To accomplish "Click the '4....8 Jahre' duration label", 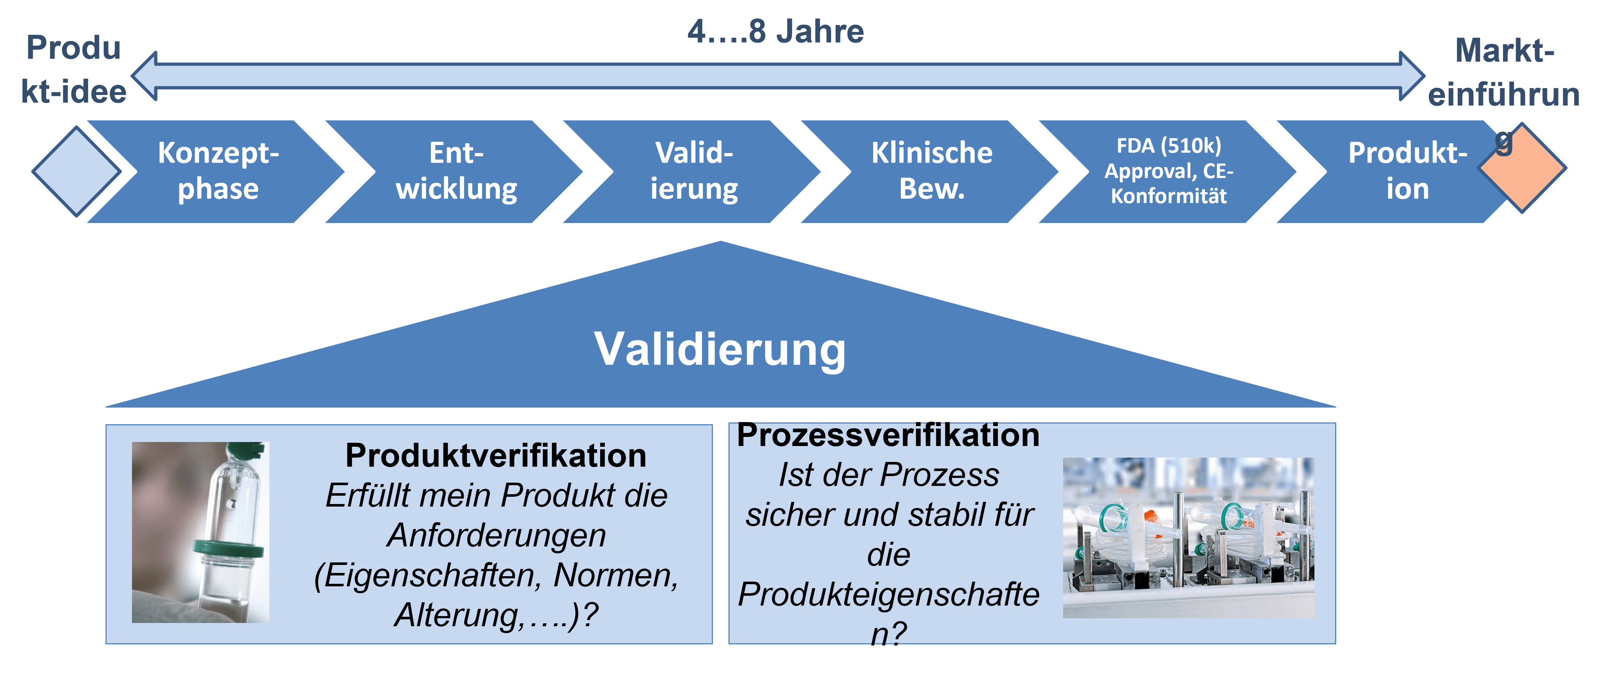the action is [x=776, y=31].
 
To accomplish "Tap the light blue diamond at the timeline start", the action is [x=77, y=172].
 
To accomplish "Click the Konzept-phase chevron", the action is [x=218, y=171].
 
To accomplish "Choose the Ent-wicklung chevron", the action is [x=456, y=171].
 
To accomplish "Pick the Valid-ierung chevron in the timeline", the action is [x=694, y=171].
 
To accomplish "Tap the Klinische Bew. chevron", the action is [x=932, y=171].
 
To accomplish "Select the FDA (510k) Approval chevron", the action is [x=1169, y=171].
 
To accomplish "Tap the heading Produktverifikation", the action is [x=496, y=455].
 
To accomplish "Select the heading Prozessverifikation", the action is [x=888, y=435].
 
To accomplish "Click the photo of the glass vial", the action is [x=200, y=532].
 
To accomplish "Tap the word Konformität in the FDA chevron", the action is [x=1169, y=197].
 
